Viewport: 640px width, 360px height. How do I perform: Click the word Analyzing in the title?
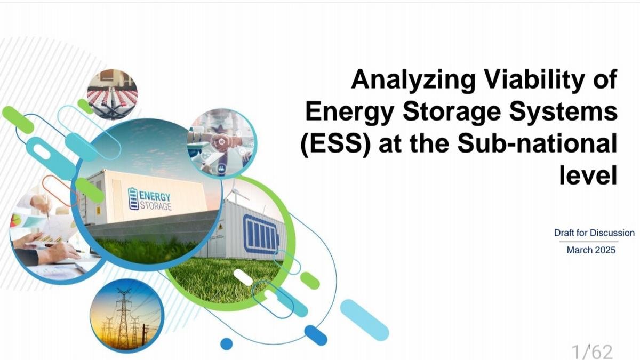pos(413,81)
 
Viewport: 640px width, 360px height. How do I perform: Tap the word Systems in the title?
pos(563,111)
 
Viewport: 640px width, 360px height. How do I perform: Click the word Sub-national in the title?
pos(537,143)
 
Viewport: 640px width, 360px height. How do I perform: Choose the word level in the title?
pos(588,175)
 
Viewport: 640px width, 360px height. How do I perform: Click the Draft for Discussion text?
pos(594,233)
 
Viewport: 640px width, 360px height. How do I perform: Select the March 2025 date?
pos(591,250)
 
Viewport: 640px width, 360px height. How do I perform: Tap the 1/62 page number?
pos(592,351)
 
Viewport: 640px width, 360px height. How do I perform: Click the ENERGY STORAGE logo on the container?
pos(150,199)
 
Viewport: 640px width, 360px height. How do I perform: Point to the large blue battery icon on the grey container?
pos(261,234)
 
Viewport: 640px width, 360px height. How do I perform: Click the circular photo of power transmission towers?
pos(127,316)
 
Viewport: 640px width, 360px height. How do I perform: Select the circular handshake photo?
pos(222,143)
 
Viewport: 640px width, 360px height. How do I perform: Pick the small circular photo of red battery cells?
pos(113,94)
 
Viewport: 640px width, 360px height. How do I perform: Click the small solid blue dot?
pos(227,344)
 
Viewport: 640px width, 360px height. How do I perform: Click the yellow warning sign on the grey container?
pos(220,227)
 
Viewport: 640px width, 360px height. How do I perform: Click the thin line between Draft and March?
pos(589,242)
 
